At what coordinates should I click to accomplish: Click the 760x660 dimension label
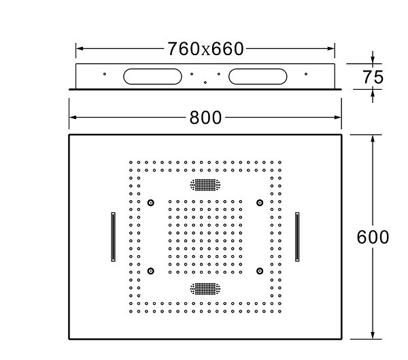point(205,49)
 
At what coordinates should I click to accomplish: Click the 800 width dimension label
point(205,118)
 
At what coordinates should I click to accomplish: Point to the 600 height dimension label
point(373,237)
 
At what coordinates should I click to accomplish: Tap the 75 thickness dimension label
point(373,77)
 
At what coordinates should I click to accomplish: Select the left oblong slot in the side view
point(152,76)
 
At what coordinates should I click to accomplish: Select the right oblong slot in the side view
point(258,76)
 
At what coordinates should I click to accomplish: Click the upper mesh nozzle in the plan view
point(205,184)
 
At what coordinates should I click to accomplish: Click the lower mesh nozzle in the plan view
point(205,289)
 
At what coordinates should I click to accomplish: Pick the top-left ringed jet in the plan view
point(151,203)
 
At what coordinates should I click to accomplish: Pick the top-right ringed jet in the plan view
point(260,203)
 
